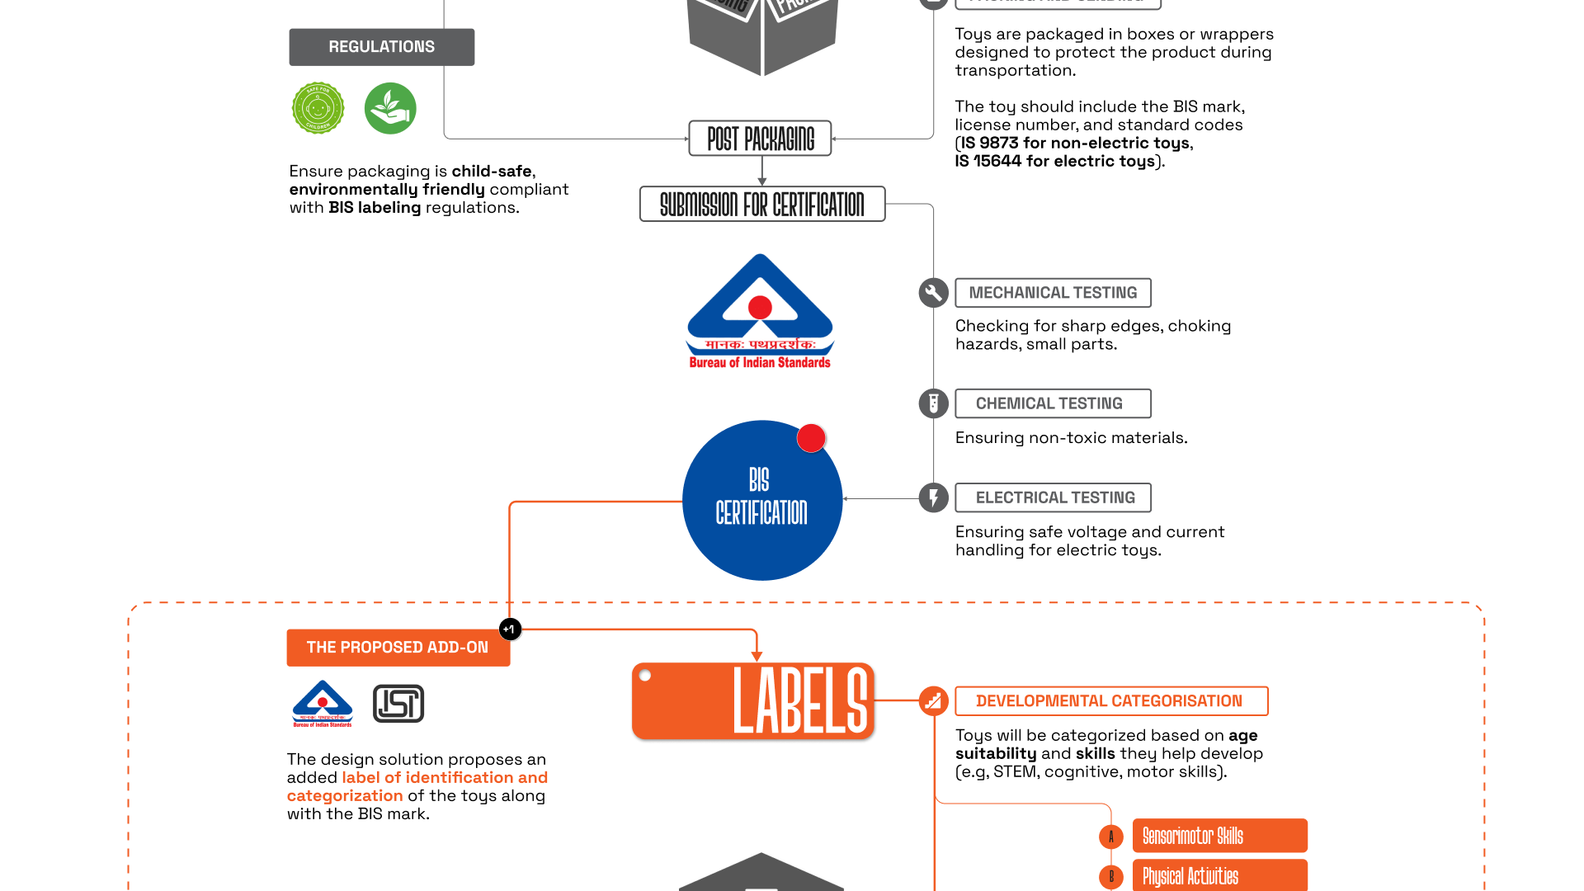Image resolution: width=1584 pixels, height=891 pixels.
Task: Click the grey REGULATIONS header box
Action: tap(381, 47)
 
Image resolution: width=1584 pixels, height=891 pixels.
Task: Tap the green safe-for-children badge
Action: tap(318, 108)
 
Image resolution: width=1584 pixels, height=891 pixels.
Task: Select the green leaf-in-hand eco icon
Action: tap(390, 108)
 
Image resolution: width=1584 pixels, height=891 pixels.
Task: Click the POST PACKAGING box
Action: tap(760, 139)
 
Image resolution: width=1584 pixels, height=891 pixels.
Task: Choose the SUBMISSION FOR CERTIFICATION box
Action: tap(761, 204)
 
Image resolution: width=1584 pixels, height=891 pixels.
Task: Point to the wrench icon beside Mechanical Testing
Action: tap(933, 293)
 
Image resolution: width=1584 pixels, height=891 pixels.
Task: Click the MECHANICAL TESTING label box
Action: tap(1053, 293)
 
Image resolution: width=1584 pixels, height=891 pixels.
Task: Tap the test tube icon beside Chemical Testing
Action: tap(933, 403)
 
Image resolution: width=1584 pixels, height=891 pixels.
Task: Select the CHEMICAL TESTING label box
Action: tap(1053, 403)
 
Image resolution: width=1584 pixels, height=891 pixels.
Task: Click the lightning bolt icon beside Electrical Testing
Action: tap(933, 497)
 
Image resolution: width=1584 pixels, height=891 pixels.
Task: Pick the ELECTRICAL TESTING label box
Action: tap(1053, 497)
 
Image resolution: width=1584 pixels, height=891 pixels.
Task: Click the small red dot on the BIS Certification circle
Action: tap(811, 438)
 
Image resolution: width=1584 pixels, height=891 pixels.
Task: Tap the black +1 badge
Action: tap(510, 629)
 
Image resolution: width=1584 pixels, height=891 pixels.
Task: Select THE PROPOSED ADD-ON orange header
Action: tap(398, 648)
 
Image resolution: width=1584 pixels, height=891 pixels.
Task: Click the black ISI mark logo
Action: tap(398, 704)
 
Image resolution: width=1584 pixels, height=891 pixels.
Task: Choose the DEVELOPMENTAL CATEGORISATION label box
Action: tap(1110, 701)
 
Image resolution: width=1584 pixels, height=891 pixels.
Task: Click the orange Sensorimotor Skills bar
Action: tap(1219, 836)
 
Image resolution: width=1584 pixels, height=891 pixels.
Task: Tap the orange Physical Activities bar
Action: tap(1219, 875)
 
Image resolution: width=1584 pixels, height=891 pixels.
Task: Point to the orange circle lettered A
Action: tap(1111, 837)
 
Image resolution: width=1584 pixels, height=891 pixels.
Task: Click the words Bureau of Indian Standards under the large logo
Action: tap(760, 363)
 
